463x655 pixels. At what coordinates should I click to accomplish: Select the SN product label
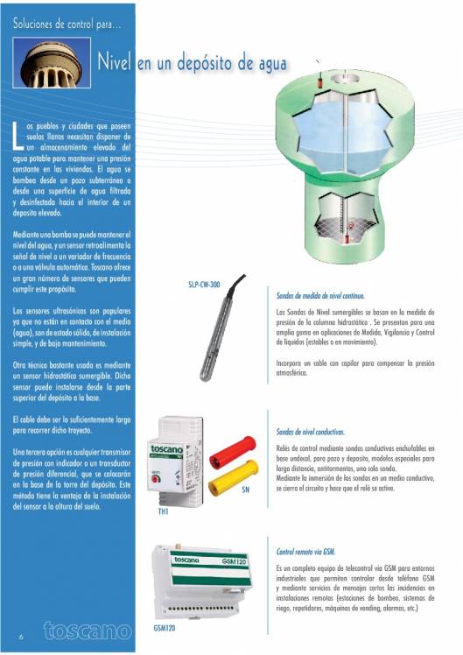[246, 490]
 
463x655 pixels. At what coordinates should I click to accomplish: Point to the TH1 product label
[163, 511]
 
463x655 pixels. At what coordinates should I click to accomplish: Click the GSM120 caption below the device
[166, 628]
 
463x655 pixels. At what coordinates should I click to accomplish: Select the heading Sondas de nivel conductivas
[310, 432]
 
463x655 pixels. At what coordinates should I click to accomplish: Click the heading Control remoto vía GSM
[305, 553]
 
